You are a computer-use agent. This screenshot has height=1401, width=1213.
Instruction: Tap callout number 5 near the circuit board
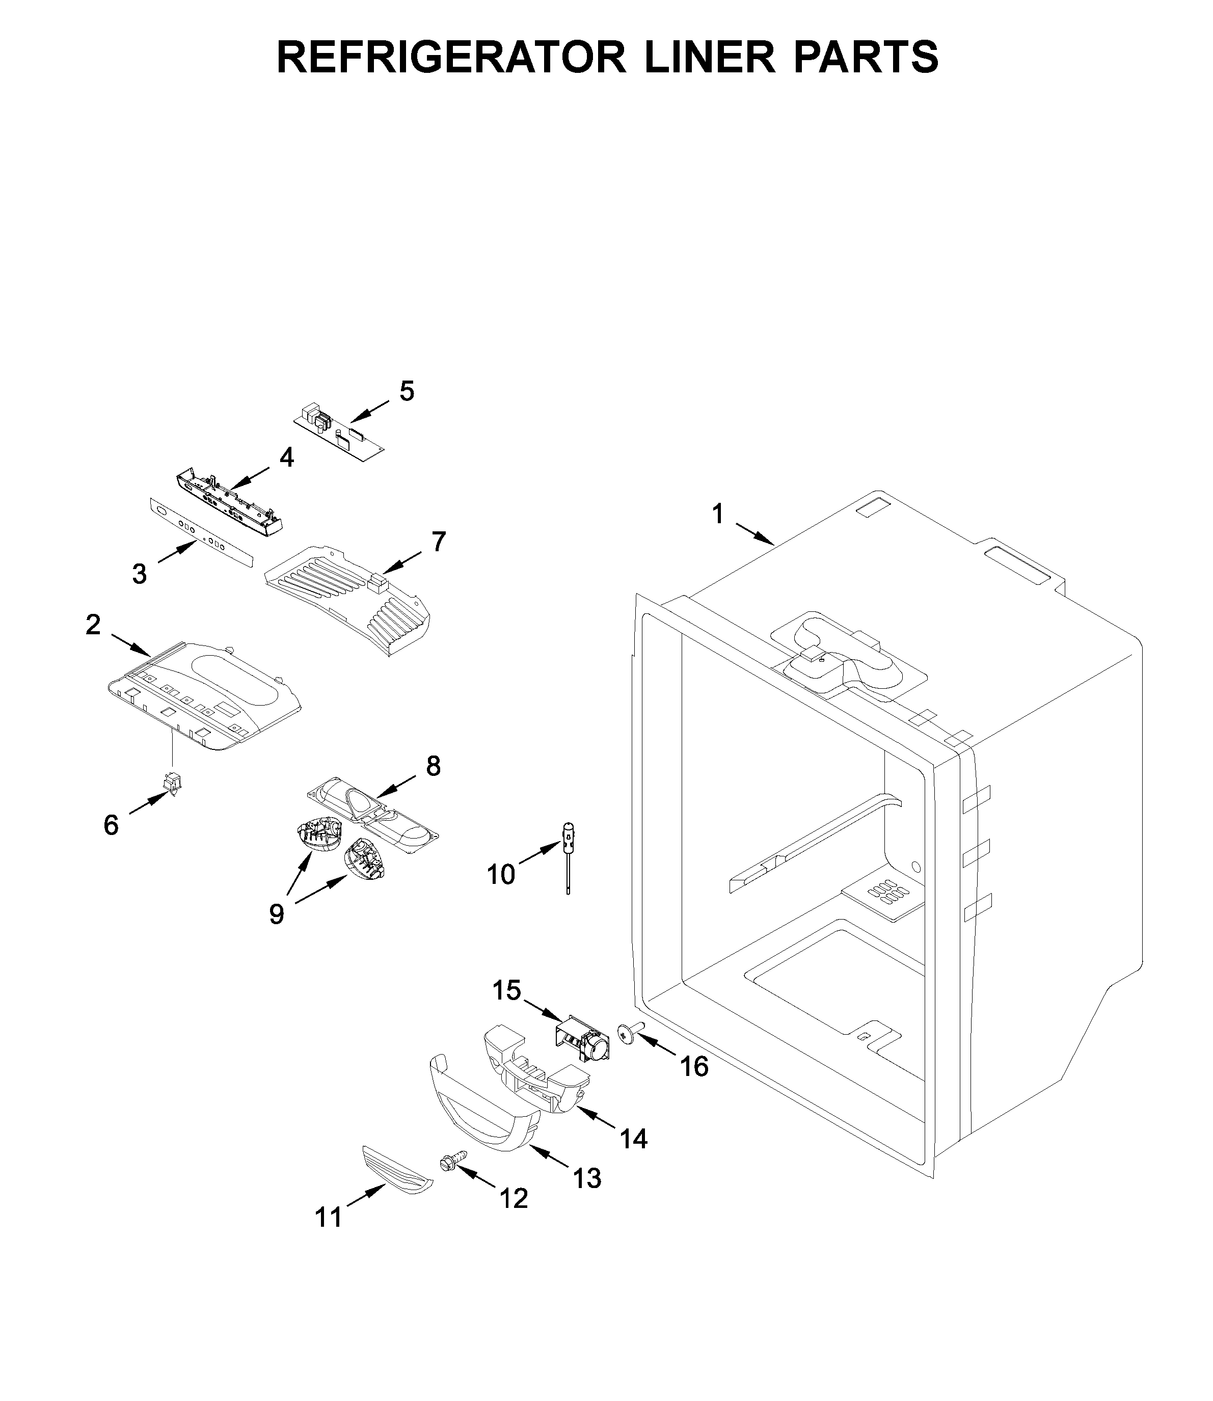tap(406, 391)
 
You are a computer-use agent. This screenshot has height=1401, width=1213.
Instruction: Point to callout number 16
tap(694, 1067)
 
